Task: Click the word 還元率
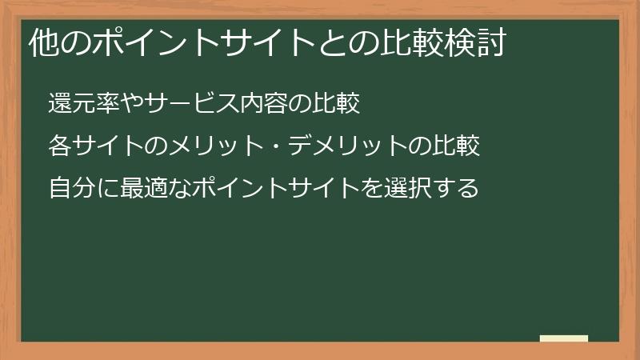pyautogui.click(x=82, y=104)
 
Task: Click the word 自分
pyautogui.click(x=70, y=189)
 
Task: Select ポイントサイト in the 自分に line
pyautogui.click(x=264, y=189)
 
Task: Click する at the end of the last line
pyautogui.click(x=455, y=189)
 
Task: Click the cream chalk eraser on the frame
pyautogui.click(x=564, y=338)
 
